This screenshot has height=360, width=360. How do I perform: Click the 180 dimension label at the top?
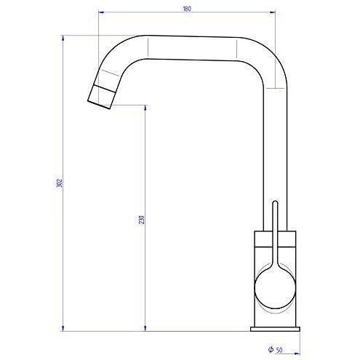tap(187, 9)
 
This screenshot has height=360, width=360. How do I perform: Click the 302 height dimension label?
tap(60, 183)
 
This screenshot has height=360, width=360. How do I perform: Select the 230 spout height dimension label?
tap(142, 220)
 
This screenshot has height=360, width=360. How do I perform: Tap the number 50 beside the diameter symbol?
tap(279, 350)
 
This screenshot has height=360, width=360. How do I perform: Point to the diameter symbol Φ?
tap(271, 349)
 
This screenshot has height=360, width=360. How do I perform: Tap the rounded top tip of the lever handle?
tap(275, 201)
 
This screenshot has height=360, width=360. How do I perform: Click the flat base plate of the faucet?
tap(275, 329)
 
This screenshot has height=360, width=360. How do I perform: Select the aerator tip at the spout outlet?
tap(101, 97)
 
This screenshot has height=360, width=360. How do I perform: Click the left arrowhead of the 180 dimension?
tap(101, 12)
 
